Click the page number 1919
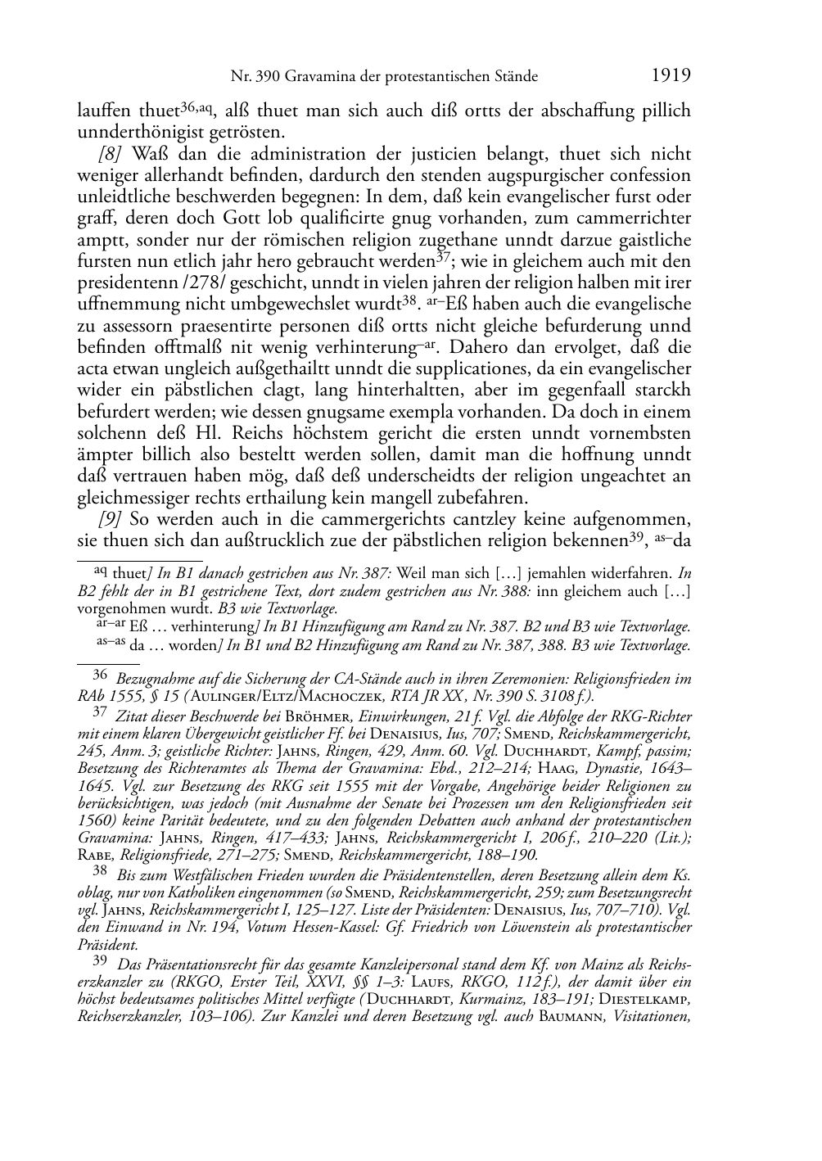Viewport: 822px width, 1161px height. click(x=671, y=76)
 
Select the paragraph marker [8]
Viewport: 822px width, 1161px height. click(x=111, y=155)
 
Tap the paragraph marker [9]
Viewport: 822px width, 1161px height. click(x=111, y=519)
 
